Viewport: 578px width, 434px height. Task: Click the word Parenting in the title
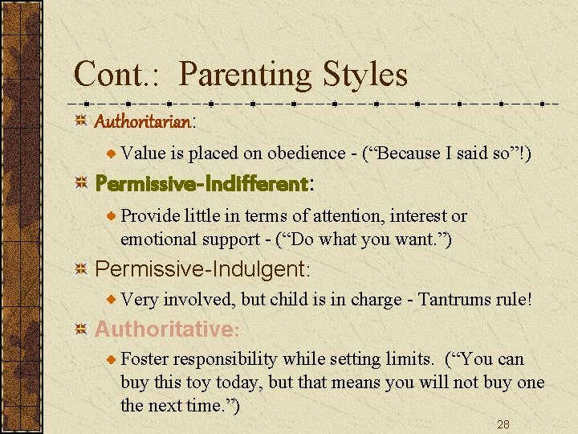point(246,76)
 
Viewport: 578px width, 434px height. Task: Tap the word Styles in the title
point(365,76)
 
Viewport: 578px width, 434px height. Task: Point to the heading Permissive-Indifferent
point(202,184)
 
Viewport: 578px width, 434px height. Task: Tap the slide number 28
point(503,424)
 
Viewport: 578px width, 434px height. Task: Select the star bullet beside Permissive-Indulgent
point(81,268)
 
